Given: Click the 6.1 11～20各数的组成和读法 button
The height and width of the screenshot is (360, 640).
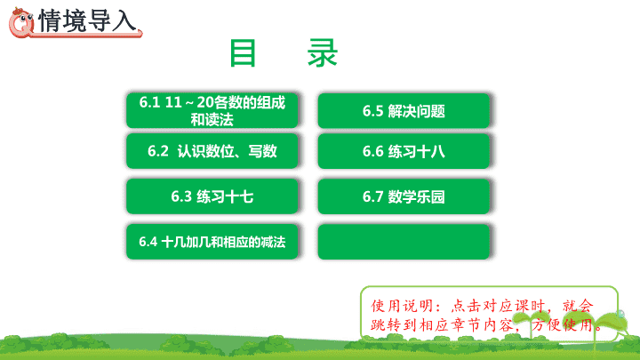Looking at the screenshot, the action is pyautogui.click(x=212, y=110).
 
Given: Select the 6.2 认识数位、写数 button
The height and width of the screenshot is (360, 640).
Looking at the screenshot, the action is pyautogui.click(x=212, y=151).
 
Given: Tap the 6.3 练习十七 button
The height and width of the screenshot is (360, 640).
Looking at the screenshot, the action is pyautogui.click(x=212, y=196).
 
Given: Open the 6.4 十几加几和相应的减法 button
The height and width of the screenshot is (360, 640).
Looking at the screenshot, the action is pyautogui.click(x=212, y=242).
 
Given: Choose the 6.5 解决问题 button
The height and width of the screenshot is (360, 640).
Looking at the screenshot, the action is pyautogui.click(x=404, y=110).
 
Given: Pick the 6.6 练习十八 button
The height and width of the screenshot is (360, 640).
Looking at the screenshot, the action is pyautogui.click(x=404, y=151).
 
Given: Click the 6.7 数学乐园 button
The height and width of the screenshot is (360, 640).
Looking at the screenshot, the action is pyautogui.click(x=404, y=196).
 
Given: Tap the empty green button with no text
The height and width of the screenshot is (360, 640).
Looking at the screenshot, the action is pyautogui.click(x=404, y=242).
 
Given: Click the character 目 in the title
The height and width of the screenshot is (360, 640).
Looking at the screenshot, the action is pyautogui.click(x=243, y=53).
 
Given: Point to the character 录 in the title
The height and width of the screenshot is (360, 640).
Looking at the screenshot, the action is pyautogui.click(x=323, y=53).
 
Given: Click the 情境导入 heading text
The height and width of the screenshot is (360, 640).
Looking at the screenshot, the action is pyautogui.click(x=87, y=20).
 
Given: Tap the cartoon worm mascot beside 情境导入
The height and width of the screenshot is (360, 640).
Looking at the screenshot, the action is pyautogui.click(x=21, y=23).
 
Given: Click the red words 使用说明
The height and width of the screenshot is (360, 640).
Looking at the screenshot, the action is pyautogui.click(x=396, y=306).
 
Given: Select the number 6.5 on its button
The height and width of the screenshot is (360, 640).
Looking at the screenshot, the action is pyautogui.click(x=372, y=111).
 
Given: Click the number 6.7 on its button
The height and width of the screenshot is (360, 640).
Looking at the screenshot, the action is pyautogui.click(x=372, y=196).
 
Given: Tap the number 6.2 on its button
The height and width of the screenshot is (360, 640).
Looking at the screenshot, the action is pyautogui.click(x=158, y=151).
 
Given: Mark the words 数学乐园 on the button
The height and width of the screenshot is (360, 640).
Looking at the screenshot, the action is pyautogui.click(x=416, y=196).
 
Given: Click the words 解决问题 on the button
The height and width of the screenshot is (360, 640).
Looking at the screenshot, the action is pyautogui.click(x=416, y=111).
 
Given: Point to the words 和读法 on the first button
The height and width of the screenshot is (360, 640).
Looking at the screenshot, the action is pyautogui.click(x=212, y=120).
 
